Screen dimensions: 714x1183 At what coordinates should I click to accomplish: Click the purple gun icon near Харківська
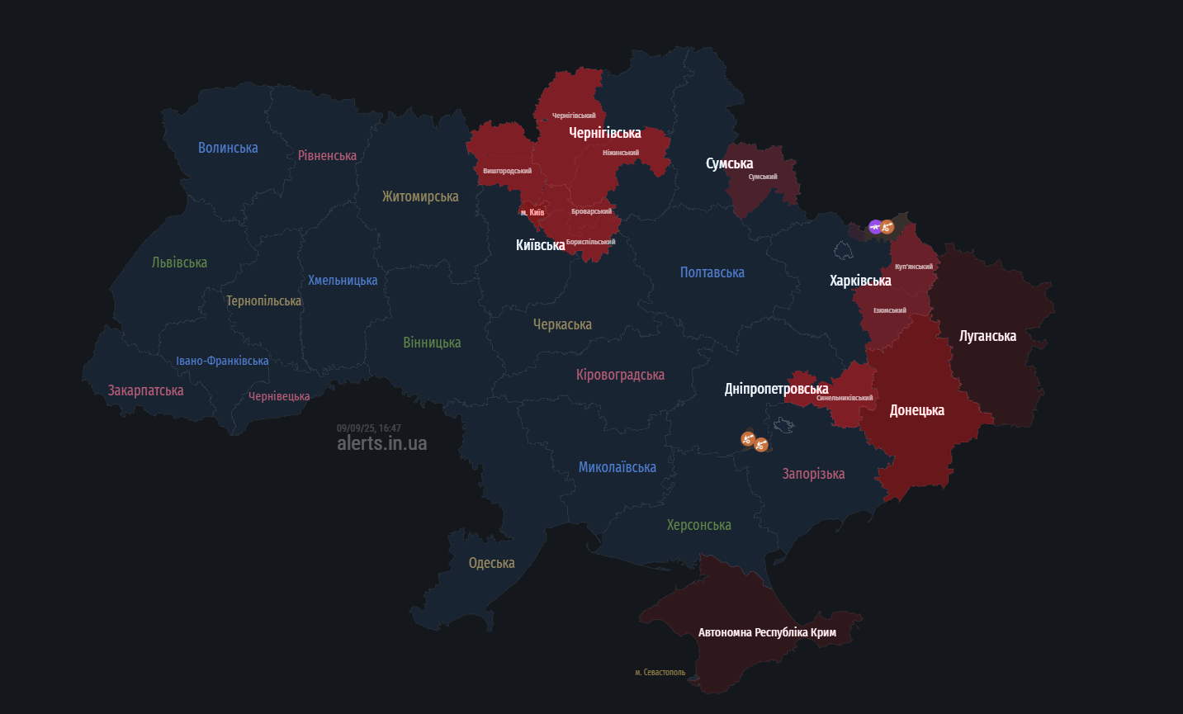click(x=875, y=226)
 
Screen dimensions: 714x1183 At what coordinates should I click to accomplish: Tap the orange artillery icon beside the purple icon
click(x=887, y=226)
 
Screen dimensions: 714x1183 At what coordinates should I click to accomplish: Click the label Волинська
click(x=228, y=148)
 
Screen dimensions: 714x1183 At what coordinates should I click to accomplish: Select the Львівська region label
click(x=179, y=262)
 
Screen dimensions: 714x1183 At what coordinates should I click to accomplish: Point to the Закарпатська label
click(x=145, y=390)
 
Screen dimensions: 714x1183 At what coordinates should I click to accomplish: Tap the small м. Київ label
click(x=532, y=212)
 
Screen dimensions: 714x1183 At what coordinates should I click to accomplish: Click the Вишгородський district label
click(x=507, y=171)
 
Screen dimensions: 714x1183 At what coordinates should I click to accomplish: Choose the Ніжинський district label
click(x=621, y=153)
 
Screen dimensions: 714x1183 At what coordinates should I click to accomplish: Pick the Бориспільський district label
click(x=590, y=242)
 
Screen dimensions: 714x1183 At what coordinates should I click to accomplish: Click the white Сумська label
click(x=729, y=163)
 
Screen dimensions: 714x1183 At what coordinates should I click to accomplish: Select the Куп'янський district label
click(x=914, y=267)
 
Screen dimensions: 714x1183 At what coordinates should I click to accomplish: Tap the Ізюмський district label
click(x=890, y=310)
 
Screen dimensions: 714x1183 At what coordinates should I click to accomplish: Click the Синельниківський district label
click(x=845, y=398)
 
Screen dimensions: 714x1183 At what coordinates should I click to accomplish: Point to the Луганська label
click(x=987, y=336)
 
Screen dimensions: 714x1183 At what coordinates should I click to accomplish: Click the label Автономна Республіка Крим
click(x=767, y=632)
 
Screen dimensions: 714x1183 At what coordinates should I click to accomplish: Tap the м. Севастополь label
click(x=660, y=672)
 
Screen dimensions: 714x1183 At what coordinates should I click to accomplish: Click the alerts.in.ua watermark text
click(x=381, y=443)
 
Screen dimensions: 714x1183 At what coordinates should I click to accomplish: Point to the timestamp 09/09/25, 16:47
click(x=368, y=428)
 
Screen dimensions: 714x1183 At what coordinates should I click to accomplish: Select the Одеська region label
click(x=491, y=563)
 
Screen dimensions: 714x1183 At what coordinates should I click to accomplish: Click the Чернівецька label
click(x=279, y=396)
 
